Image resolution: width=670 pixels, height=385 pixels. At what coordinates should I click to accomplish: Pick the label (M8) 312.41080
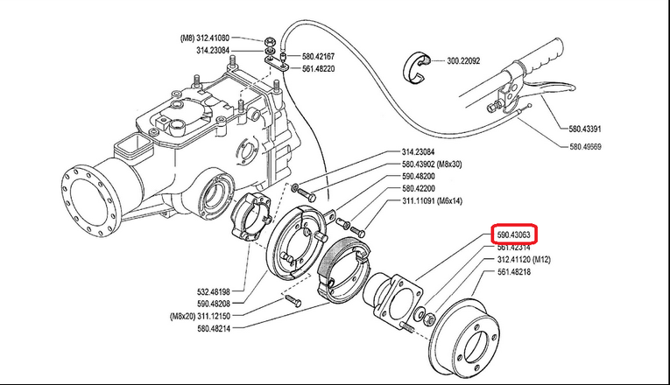pos(205,38)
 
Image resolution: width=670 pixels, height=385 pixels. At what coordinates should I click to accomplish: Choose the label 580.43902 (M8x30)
pos(437,164)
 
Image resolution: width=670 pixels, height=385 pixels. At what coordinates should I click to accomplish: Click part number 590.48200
pos(422,176)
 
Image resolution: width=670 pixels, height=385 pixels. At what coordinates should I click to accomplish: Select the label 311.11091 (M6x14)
pos(437,201)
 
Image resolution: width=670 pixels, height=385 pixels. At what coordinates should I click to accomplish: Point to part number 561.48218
pos(517,272)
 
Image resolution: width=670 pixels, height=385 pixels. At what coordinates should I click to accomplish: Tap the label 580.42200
pos(422,188)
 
